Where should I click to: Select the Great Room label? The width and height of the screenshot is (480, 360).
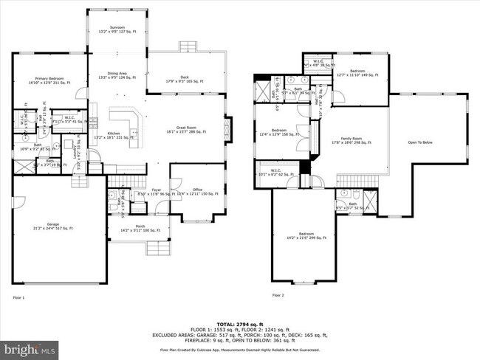(185, 130)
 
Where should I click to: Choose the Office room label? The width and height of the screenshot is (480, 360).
(197, 191)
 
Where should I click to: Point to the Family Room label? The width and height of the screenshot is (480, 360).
(352, 141)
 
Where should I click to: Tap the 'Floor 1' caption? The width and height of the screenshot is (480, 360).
(18, 297)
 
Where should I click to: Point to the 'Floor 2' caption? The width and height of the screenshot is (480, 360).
(278, 294)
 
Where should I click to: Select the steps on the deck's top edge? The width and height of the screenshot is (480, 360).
(188, 46)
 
